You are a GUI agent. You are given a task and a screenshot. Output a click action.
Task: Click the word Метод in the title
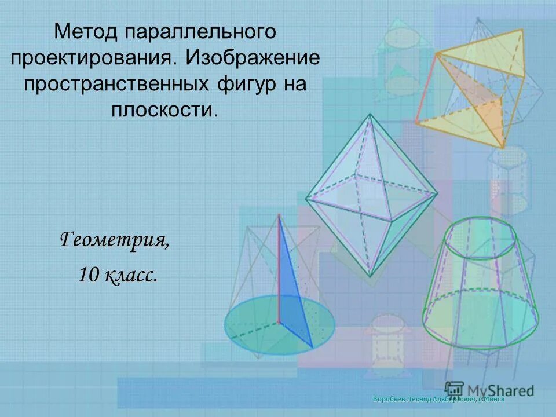(x=86, y=32)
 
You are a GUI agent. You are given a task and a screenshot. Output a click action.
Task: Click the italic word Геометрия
(x=115, y=238)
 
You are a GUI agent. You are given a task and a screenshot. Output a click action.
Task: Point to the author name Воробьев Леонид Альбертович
(x=422, y=399)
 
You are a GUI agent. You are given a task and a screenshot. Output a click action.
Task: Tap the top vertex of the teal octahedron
(x=369, y=114)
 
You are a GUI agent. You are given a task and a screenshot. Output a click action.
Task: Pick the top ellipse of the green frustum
(x=479, y=232)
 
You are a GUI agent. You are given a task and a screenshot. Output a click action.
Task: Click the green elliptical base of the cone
(x=249, y=324)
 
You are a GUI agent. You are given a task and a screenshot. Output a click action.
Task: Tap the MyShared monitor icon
(x=455, y=390)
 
